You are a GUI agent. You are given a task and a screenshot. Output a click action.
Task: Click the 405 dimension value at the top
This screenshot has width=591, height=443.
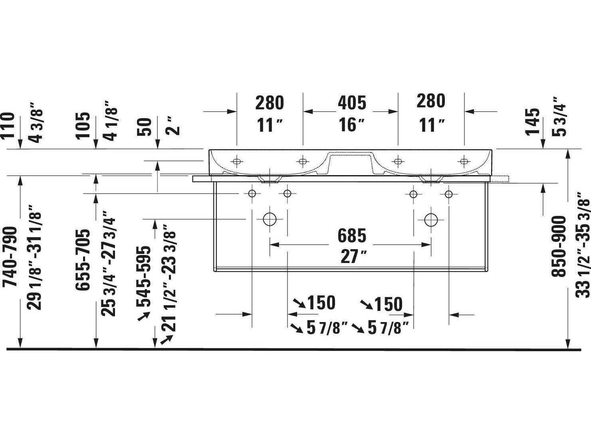click(352, 103)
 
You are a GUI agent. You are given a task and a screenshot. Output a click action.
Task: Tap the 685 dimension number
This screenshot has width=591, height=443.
click(352, 235)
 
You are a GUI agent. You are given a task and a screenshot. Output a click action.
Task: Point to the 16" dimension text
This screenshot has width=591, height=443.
click(351, 125)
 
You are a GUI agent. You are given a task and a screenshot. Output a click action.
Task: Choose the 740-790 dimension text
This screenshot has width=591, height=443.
click(10, 257)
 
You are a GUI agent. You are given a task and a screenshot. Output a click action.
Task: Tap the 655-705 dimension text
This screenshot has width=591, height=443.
click(82, 260)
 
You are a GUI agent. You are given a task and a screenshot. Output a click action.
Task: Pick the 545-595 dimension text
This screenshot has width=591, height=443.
click(143, 277)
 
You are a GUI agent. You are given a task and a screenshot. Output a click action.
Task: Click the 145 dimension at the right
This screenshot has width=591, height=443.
click(532, 122)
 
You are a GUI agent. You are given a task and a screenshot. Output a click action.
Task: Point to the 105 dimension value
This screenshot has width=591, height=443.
click(83, 126)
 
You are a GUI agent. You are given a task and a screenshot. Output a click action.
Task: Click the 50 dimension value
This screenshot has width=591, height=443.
click(144, 127)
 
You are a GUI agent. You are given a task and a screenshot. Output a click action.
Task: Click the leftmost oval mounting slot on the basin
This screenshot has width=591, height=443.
click(237, 161)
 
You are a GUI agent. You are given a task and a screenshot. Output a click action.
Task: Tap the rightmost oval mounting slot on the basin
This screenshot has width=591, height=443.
click(464, 161)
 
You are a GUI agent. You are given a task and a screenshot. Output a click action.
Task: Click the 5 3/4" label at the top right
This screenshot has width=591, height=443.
click(559, 120)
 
